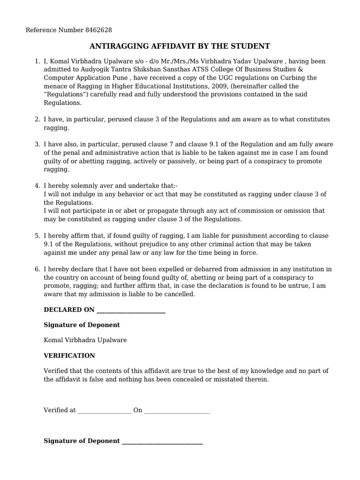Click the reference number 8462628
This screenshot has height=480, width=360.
pyautogui.click(x=98, y=30)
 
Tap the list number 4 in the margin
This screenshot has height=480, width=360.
pyautogui.click(x=37, y=186)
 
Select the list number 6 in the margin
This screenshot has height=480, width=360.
pyautogui.click(x=37, y=269)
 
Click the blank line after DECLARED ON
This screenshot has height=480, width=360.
pyautogui.click(x=130, y=310)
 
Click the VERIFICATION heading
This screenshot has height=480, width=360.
pyautogui.click(x=69, y=356)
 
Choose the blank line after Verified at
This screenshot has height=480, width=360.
pyautogui.click(x=104, y=411)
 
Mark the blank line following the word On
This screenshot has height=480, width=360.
pyautogui.click(x=177, y=411)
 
